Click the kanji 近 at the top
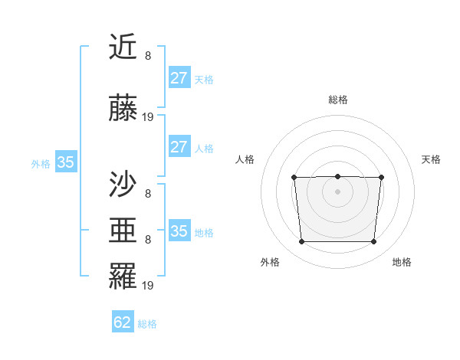[x=123, y=49]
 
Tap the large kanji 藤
[x=123, y=109]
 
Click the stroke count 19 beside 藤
[x=148, y=117]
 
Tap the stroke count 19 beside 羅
[x=148, y=286]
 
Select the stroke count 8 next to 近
[x=147, y=56]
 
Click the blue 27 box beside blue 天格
[x=179, y=78]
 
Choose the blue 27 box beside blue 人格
[x=179, y=147]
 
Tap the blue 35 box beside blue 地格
[x=179, y=231]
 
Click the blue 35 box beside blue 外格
[x=65, y=162]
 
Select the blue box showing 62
[x=123, y=322]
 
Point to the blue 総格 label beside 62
[x=147, y=324]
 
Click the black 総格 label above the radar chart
[x=337, y=100]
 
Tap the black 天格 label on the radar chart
[x=431, y=159]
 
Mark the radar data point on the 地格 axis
[x=373, y=242]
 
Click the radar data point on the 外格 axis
[x=301, y=242]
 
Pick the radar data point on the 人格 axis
[x=294, y=178]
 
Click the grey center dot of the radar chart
[x=337, y=191]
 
